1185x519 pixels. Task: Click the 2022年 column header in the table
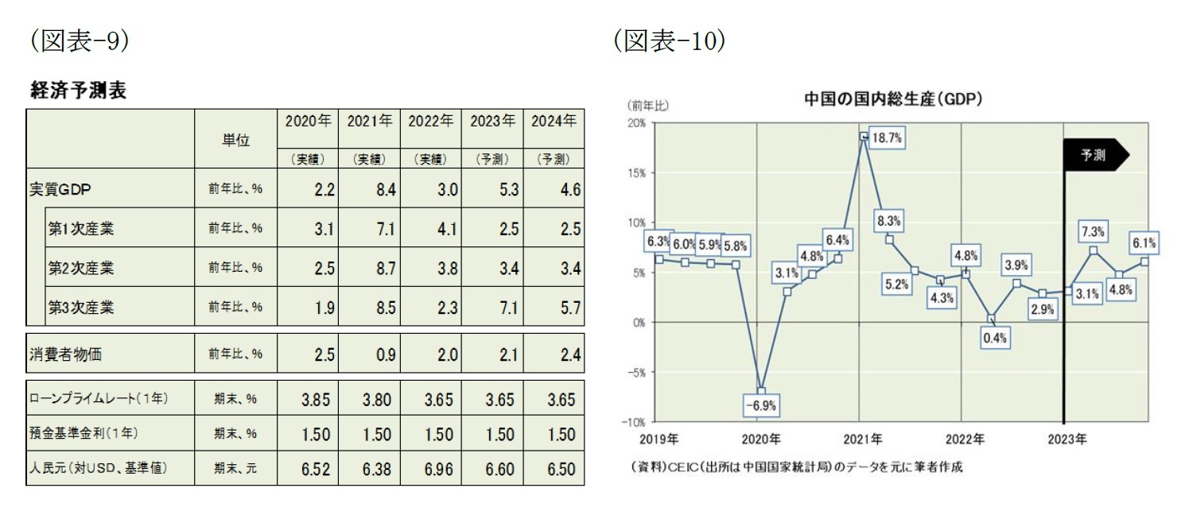point(430,122)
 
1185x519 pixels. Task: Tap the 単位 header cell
point(235,140)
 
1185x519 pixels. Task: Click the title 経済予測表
point(77,91)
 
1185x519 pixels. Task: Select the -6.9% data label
point(760,405)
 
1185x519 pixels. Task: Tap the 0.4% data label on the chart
point(994,337)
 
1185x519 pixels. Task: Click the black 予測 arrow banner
point(1095,155)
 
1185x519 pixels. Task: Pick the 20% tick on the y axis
point(635,123)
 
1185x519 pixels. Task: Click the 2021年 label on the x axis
point(864,439)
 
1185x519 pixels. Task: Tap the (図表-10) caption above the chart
point(668,41)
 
